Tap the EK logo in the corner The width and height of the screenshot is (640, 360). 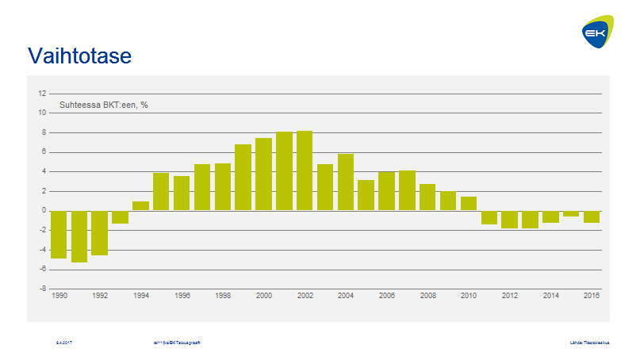point(596,33)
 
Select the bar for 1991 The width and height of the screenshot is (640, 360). point(79,236)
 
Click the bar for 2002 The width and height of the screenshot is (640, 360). point(305,170)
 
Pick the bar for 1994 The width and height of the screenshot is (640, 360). point(140,205)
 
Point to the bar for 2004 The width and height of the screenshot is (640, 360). point(346,182)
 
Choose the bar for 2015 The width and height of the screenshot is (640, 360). point(571,213)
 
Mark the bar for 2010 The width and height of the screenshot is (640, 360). point(469,204)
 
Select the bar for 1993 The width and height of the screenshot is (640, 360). point(120,216)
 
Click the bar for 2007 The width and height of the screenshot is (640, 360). point(407,190)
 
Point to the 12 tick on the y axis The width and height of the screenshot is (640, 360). point(42,94)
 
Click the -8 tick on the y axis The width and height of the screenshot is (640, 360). point(42,289)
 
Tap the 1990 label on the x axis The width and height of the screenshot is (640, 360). point(59,296)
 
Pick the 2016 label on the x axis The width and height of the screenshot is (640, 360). point(592,296)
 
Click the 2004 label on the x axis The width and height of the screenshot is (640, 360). point(346,296)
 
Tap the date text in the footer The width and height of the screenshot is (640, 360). point(64,343)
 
